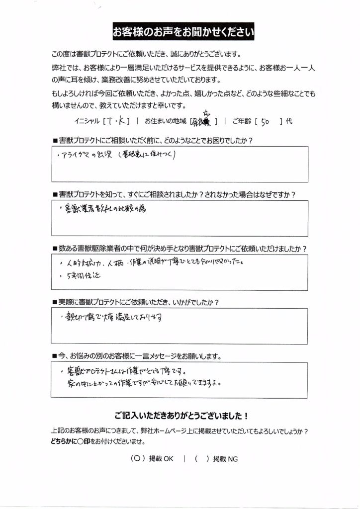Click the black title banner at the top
(x=183, y=33)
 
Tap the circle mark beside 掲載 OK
(x=136, y=459)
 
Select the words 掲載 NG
(x=224, y=459)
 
